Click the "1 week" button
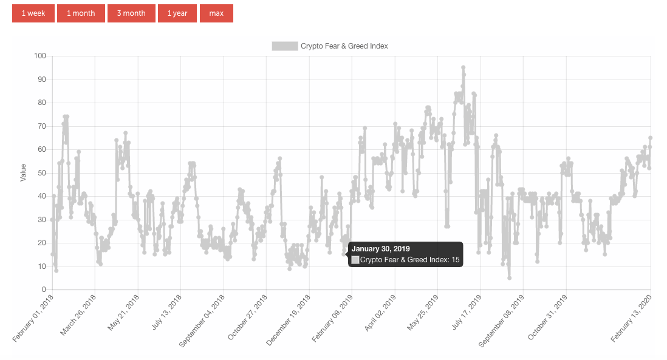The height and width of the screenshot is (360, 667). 33,13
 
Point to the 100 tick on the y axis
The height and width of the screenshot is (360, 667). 40,56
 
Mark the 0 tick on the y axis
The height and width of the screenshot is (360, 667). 44,290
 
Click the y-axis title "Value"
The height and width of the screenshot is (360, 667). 23,173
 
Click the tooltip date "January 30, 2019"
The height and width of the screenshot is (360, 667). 381,249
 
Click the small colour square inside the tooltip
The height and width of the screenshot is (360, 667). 355,260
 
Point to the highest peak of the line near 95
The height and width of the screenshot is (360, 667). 463,67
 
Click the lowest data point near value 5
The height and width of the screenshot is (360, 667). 509,278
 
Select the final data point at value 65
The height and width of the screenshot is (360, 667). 650,138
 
